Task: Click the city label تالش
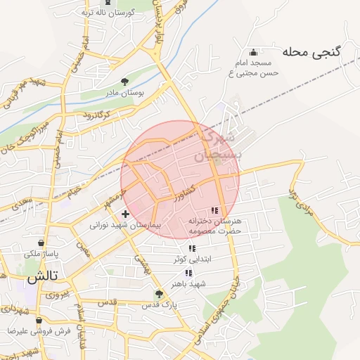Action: tap(41, 278)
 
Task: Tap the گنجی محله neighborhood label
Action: tap(312, 51)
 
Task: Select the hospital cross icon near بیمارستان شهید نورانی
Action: tap(125, 214)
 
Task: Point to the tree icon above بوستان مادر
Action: tap(125, 82)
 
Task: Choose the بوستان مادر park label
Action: tap(126, 92)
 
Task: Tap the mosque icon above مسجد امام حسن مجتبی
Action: tap(254, 52)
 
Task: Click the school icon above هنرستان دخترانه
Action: tap(214, 210)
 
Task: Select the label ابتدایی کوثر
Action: tap(192, 259)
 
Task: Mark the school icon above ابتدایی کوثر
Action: tap(191, 248)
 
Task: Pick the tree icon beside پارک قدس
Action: tap(159, 295)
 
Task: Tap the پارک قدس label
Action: tap(160, 306)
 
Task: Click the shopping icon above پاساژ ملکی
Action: tap(32, 243)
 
